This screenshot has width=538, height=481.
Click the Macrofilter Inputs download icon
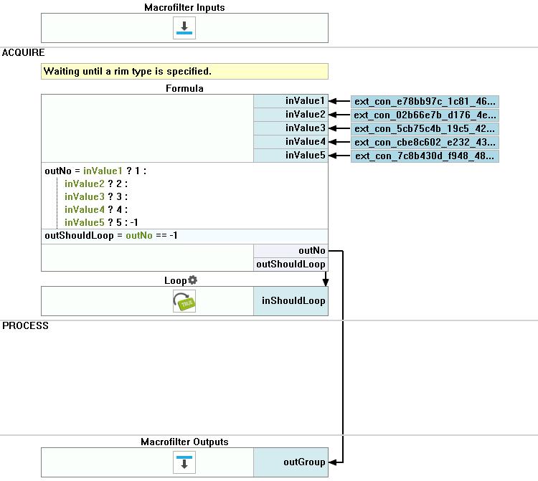point(184,28)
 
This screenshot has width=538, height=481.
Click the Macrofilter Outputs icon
point(184,462)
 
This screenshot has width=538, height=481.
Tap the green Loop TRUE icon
point(184,301)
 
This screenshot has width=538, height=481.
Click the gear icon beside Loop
point(193,280)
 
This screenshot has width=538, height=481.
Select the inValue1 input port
point(291,101)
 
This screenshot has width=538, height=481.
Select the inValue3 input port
point(291,128)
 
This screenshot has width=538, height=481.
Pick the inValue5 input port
point(291,156)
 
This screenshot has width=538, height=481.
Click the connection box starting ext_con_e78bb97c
point(425,102)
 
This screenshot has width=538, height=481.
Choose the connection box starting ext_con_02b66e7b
point(425,115)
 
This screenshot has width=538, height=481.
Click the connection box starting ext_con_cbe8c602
point(425,142)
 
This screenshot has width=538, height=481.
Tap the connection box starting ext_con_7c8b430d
point(425,156)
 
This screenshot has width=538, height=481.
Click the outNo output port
point(291,251)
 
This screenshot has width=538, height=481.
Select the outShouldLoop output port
point(291,265)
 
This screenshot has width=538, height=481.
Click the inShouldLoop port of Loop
point(291,301)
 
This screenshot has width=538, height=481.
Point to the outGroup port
point(291,462)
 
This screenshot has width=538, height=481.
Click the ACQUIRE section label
point(24,52)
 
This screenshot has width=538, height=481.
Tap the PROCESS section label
point(25,325)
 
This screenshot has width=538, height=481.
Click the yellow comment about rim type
point(184,71)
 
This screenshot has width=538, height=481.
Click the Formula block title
point(184,88)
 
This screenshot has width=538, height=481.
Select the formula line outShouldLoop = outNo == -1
point(111,236)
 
